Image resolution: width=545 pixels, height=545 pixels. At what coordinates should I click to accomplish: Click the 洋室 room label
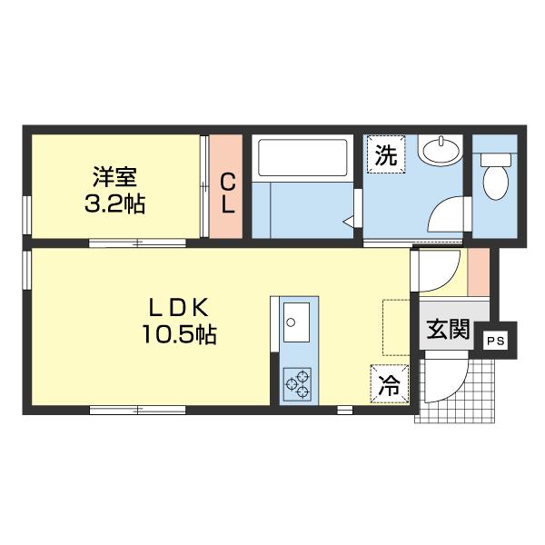click(x=114, y=177)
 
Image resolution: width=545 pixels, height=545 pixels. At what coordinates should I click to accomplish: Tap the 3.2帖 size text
click(x=114, y=203)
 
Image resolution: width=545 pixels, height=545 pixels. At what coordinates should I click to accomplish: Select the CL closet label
click(x=228, y=193)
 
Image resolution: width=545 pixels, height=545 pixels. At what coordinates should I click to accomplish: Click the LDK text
click(x=179, y=307)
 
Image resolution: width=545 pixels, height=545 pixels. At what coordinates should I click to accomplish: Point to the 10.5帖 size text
click(x=179, y=334)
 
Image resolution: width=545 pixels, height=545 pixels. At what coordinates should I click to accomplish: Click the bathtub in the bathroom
click(x=302, y=158)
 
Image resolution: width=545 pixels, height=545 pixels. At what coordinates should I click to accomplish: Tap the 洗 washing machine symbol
click(x=386, y=154)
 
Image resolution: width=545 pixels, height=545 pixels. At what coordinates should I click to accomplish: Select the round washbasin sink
click(x=441, y=151)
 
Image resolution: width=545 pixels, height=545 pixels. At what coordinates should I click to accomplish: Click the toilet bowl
click(x=496, y=176)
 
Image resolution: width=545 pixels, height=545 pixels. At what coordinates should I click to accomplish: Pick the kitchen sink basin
click(x=296, y=322)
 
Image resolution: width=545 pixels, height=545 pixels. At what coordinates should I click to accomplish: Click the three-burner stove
click(x=298, y=384)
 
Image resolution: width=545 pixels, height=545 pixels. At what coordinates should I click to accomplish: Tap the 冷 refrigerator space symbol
click(x=390, y=383)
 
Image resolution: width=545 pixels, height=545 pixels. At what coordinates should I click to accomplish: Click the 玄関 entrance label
click(x=448, y=329)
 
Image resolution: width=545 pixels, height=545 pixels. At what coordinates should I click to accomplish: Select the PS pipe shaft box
click(x=496, y=341)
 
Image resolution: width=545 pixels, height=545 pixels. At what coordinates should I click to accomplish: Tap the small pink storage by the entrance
click(x=479, y=272)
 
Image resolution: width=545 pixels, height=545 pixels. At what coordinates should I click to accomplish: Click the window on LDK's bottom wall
click(x=138, y=411)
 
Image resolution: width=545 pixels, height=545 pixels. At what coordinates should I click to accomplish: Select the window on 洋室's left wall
click(x=27, y=215)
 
